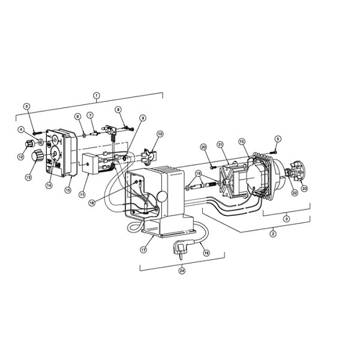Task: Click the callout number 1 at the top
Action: (97, 95)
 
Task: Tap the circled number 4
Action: (20, 129)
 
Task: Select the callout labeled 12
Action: (20, 157)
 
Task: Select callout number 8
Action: (119, 109)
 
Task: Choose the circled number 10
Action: (160, 133)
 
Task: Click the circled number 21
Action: (220, 144)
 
